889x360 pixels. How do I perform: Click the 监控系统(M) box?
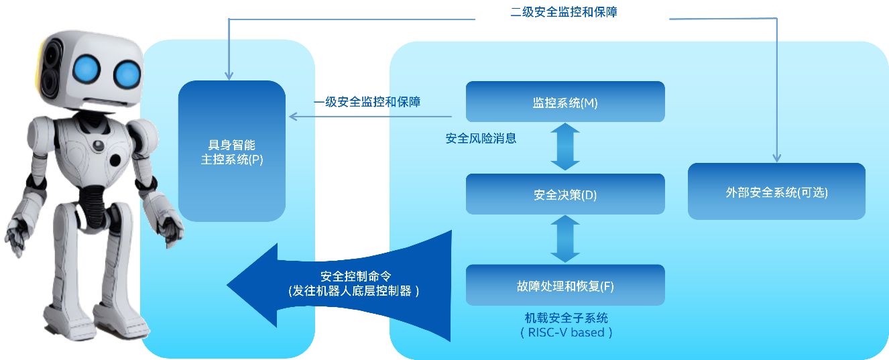(565, 102)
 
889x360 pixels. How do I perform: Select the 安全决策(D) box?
(565, 194)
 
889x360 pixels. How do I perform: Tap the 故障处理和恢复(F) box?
(565, 286)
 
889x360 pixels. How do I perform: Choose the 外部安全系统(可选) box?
(776, 192)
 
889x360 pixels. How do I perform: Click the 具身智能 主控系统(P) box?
(232, 152)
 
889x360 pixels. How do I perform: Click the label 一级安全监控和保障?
(367, 102)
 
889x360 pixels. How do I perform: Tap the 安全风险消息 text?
(481, 139)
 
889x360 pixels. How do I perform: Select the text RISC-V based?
(567, 332)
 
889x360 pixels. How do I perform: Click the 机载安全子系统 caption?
(567, 318)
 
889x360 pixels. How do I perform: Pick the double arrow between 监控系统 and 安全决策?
(565, 147)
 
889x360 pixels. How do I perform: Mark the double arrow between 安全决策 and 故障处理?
(565, 239)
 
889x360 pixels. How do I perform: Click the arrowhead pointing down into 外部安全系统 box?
(776, 158)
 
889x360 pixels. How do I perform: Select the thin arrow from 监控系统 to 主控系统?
(375, 117)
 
